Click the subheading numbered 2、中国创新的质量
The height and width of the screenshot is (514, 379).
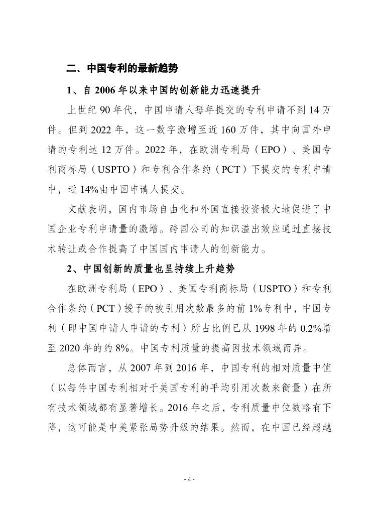(x=151, y=269)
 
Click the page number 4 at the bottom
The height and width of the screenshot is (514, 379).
(x=189, y=479)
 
